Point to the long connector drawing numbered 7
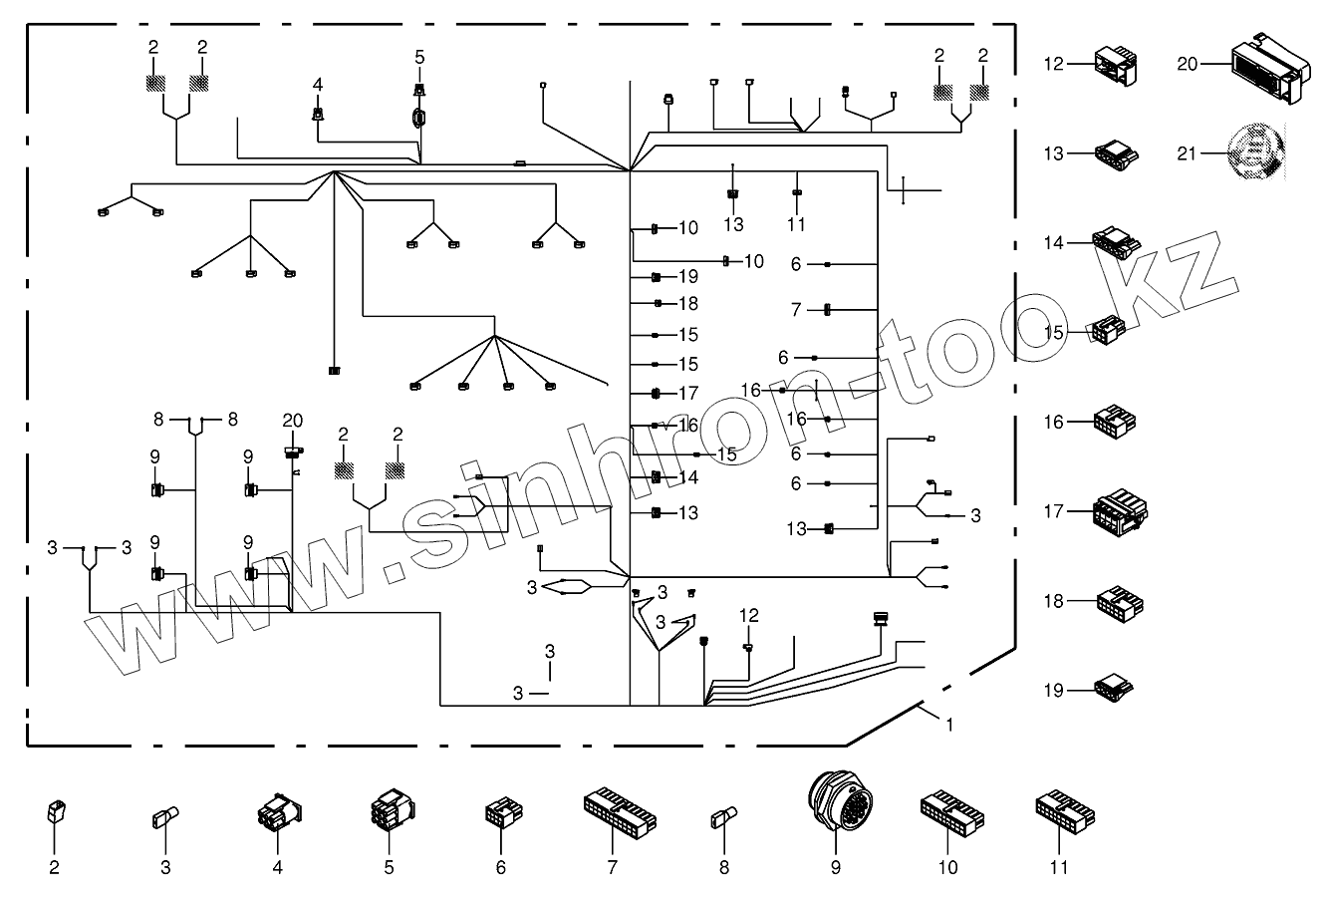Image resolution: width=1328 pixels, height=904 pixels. point(620,811)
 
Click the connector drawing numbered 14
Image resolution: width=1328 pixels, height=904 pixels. point(1116,242)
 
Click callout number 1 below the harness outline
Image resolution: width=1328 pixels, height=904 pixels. point(948,725)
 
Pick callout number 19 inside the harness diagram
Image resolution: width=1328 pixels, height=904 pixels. point(688,276)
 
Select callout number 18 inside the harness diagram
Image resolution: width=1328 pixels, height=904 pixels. point(688,304)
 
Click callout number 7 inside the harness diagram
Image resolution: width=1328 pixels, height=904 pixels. point(796,311)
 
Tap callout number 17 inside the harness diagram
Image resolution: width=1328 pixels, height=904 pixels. point(688,394)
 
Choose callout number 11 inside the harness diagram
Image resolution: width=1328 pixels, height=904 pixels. point(796,225)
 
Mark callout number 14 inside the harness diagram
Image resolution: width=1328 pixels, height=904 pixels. point(688,477)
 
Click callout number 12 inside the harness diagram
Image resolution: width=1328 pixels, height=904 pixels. point(749,615)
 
